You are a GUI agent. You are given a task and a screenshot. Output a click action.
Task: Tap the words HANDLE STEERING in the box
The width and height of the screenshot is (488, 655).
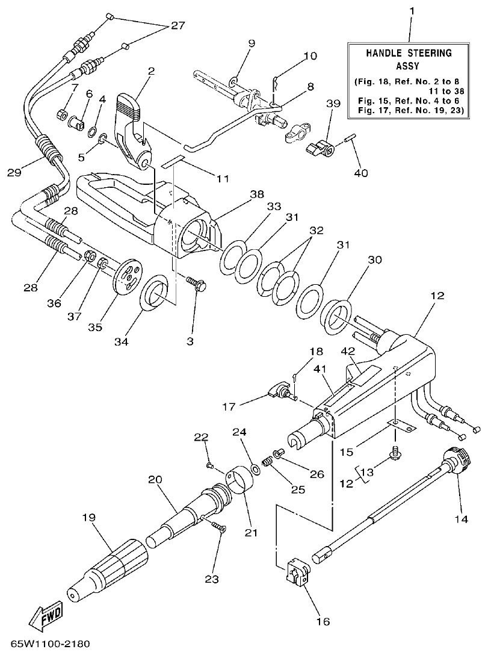pos(409,53)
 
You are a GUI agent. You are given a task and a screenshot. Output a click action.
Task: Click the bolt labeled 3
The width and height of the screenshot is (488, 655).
pos(196,283)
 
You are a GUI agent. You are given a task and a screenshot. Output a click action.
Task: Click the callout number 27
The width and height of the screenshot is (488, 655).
pos(177,26)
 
